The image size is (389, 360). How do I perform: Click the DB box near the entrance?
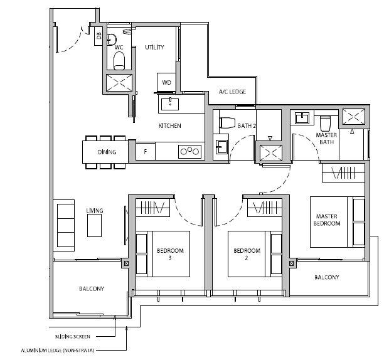click(99, 36)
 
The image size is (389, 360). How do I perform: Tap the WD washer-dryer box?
click(167, 82)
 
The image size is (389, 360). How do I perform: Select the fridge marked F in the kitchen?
click(146, 151)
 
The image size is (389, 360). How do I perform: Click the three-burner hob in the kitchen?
click(189, 151)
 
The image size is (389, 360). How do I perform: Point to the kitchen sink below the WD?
click(170, 104)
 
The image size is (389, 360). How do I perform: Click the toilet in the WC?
click(119, 60)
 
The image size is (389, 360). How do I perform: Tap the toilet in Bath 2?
click(227, 123)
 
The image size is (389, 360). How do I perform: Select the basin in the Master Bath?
click(302, 118)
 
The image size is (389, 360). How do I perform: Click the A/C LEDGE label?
click(232, 92)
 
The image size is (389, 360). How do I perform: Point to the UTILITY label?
click(154, 47)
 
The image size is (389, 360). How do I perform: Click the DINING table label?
click(107, 152)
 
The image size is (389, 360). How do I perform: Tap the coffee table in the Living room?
click(94, 225)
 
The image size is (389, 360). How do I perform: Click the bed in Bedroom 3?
click(163, 254)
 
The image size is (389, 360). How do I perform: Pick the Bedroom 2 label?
click(247, 254)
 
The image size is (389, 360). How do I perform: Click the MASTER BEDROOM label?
click(327, 220)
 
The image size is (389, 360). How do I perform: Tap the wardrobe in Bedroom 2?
click(265, 207)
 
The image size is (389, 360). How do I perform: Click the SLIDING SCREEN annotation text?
click(72, 337)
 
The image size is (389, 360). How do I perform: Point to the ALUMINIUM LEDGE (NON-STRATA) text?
click(58, 351)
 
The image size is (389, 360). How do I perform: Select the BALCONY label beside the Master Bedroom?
click(327, 277)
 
